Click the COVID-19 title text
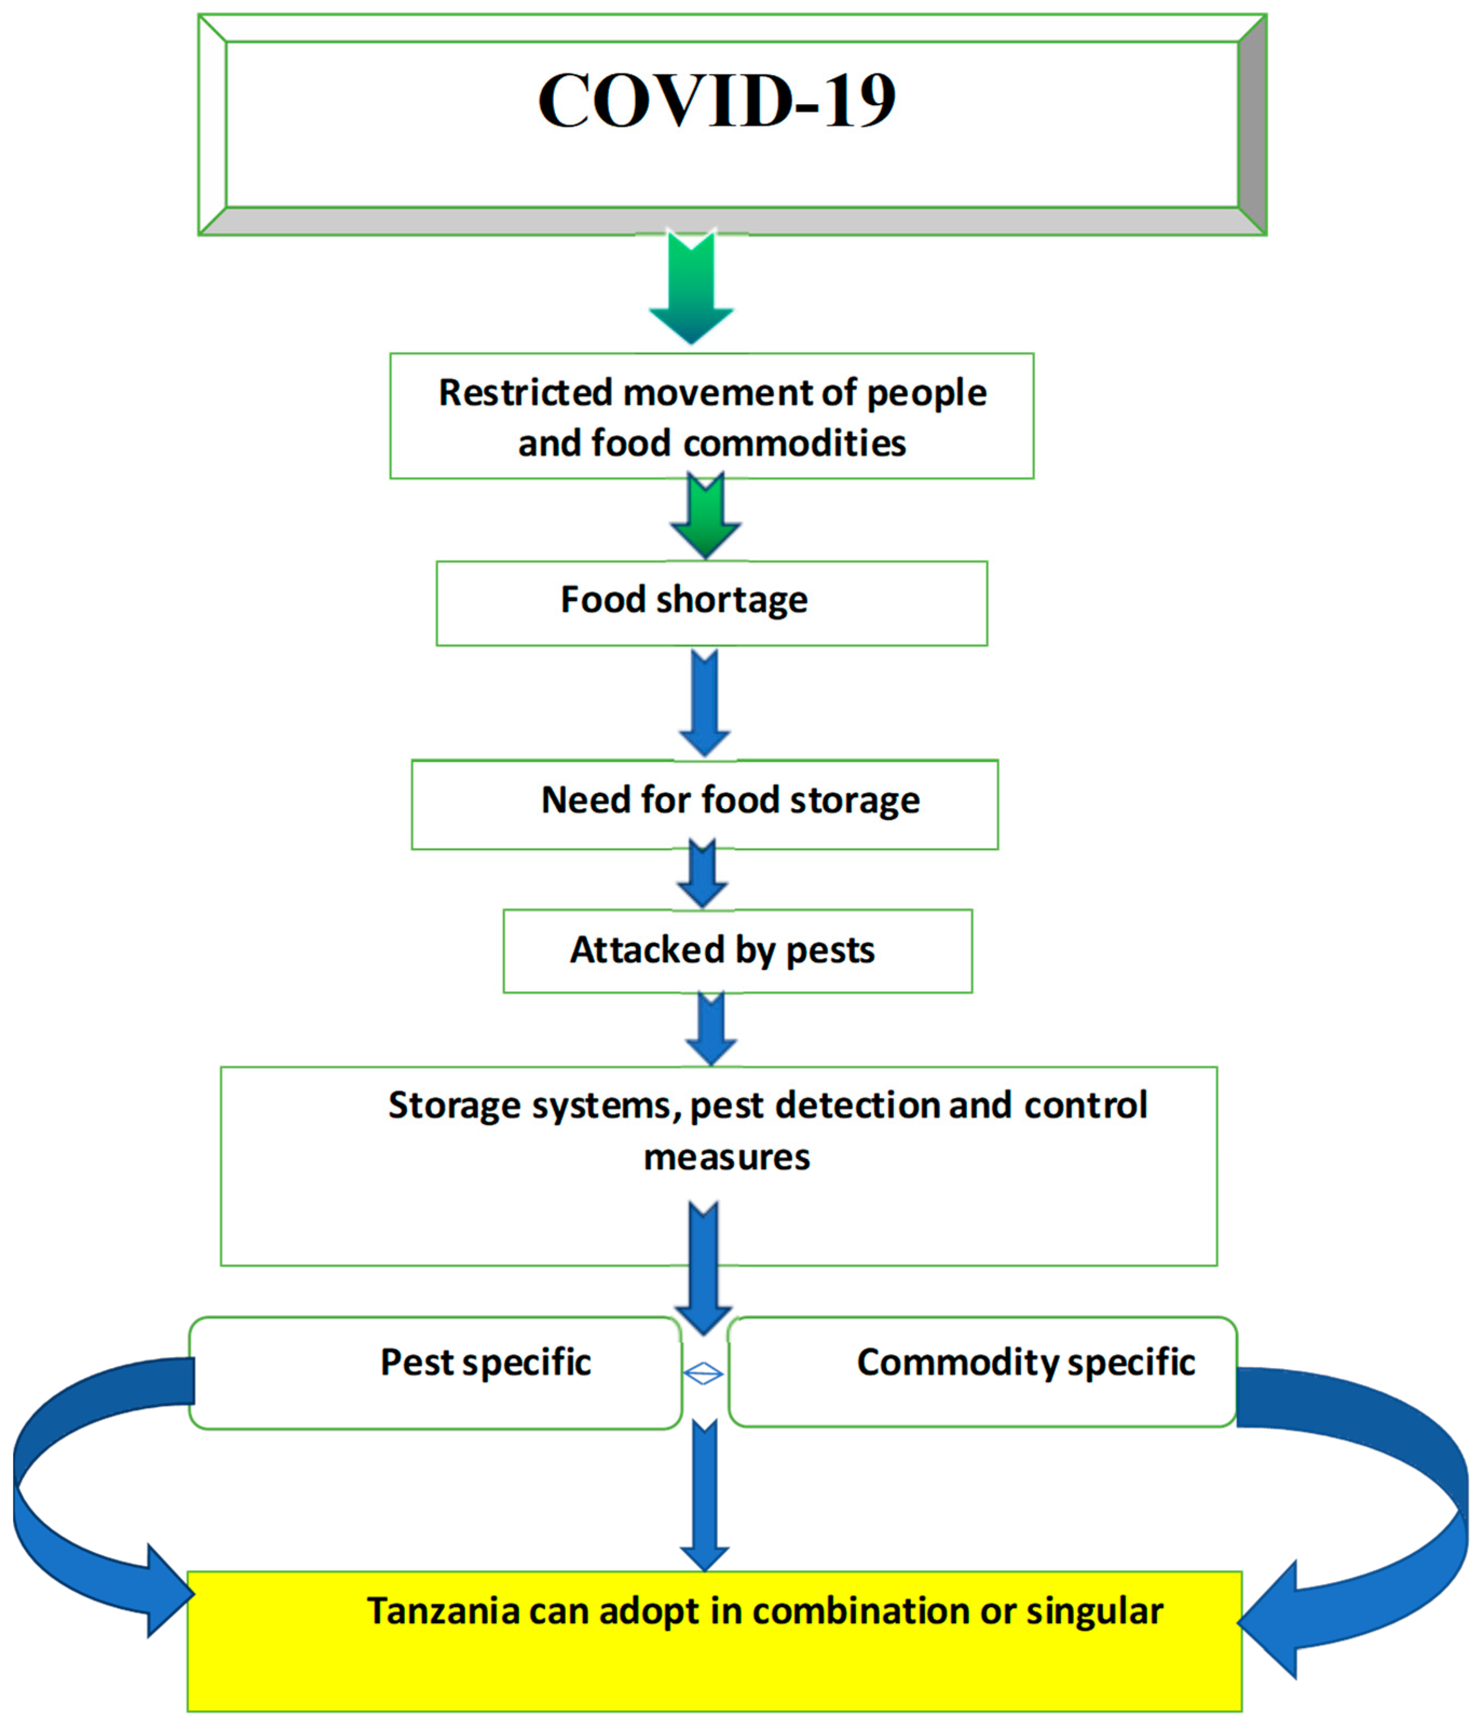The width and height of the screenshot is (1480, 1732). point(717,100)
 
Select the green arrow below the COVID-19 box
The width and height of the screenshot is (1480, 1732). point(692,289)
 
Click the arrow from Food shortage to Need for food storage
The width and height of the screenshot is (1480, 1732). point(704,702)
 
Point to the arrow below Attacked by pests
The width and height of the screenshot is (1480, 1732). point(711,1030)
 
